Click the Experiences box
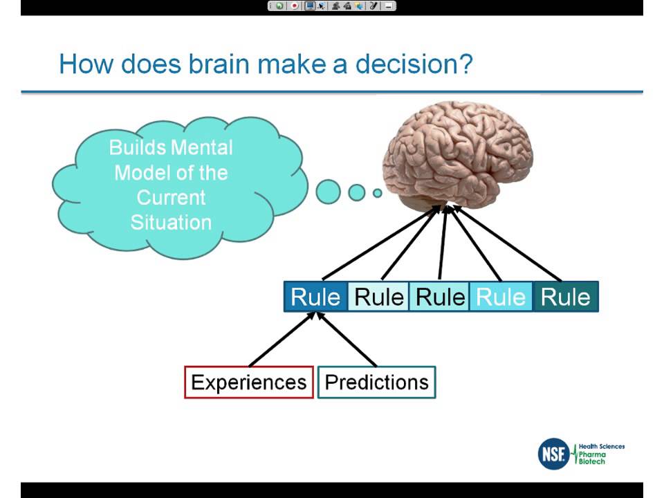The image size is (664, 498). pos(249,382)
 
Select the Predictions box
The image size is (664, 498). pos(377,382)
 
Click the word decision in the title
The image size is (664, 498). pos(414,64)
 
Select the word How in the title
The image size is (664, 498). pos(87,64)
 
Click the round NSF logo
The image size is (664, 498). pos(553,454)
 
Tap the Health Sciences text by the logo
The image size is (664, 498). pos(601,447)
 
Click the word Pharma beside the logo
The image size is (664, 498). pos(592,454)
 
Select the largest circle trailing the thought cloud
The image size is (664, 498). pos(329,192)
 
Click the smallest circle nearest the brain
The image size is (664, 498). pos(378,193)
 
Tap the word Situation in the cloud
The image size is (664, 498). pos(171,222)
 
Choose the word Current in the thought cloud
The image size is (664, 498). pos(171,197)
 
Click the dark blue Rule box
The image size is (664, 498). pos(315,297)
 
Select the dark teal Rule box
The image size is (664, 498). pos(565,297)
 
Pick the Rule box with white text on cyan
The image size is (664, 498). pos(501,297)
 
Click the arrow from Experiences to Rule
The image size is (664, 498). pos(282,339)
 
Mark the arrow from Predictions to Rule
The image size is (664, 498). pos(346,339)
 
